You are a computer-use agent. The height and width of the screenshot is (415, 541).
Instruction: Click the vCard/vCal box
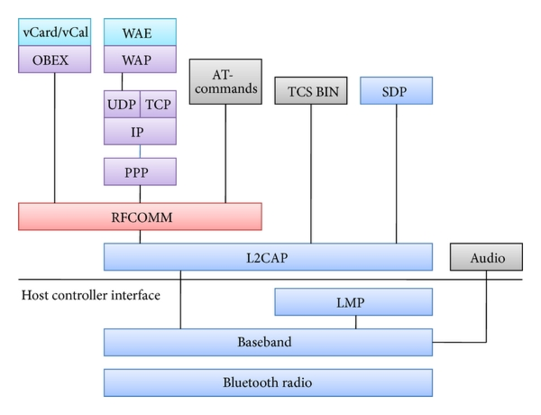tap(54, 32)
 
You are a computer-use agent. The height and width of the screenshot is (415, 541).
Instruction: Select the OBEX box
tap(54, 60)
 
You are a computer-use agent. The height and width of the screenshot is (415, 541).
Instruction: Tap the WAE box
tap(140, 32)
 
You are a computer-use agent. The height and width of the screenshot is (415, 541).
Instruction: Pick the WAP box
tap(140, 60)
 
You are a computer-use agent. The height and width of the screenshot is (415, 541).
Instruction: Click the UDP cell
tap(122, 104)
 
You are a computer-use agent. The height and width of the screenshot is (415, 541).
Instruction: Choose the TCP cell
tap(158, 104)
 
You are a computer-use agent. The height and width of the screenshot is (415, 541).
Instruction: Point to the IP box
tap(140, 132)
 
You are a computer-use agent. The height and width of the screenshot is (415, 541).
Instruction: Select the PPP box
tap(140, 172)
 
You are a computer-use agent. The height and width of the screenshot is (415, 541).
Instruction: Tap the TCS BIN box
tap(311, 91)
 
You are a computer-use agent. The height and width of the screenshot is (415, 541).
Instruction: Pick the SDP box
tap(396, 91)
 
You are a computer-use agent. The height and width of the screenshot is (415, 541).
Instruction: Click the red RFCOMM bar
tap(140, 217)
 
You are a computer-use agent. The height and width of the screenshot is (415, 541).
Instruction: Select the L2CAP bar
tap(268, 257)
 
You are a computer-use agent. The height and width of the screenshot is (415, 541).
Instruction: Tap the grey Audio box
tap(487, 257)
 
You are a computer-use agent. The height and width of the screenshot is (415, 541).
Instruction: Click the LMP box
tap(353, 302)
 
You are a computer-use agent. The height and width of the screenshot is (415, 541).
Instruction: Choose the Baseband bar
tap(268, 342)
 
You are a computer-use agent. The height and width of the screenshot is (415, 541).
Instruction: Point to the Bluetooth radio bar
tap(268, 383)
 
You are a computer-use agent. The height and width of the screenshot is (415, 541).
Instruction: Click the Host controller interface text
tap(91, 295)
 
